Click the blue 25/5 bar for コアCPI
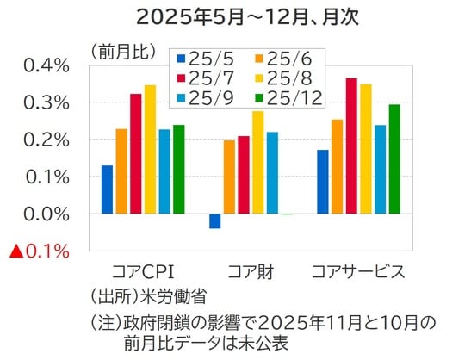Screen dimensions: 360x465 (x=107, y=189)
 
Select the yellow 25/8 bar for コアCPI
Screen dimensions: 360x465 (x=150, y=149)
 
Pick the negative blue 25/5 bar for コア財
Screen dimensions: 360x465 (x=214, y=221)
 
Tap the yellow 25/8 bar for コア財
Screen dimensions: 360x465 (x=257, y=162)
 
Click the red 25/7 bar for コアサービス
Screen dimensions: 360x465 (x=351, y=146)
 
